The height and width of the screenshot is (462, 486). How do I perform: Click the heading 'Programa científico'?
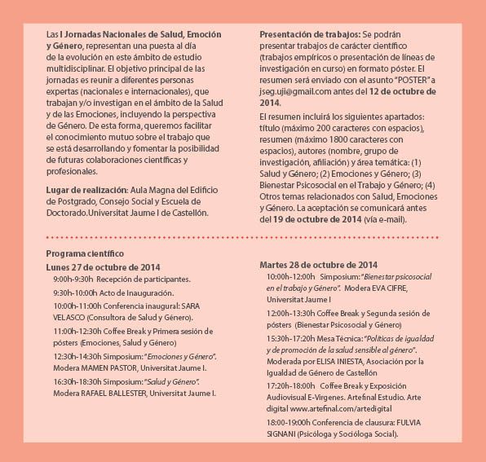click(85, 254)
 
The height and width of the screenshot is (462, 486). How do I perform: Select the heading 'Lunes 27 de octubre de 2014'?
click(103, 266)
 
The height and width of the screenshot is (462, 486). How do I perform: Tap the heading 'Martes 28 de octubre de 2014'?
click(318, 265)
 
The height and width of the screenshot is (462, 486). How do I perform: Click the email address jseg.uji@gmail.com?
click(300, 92)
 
